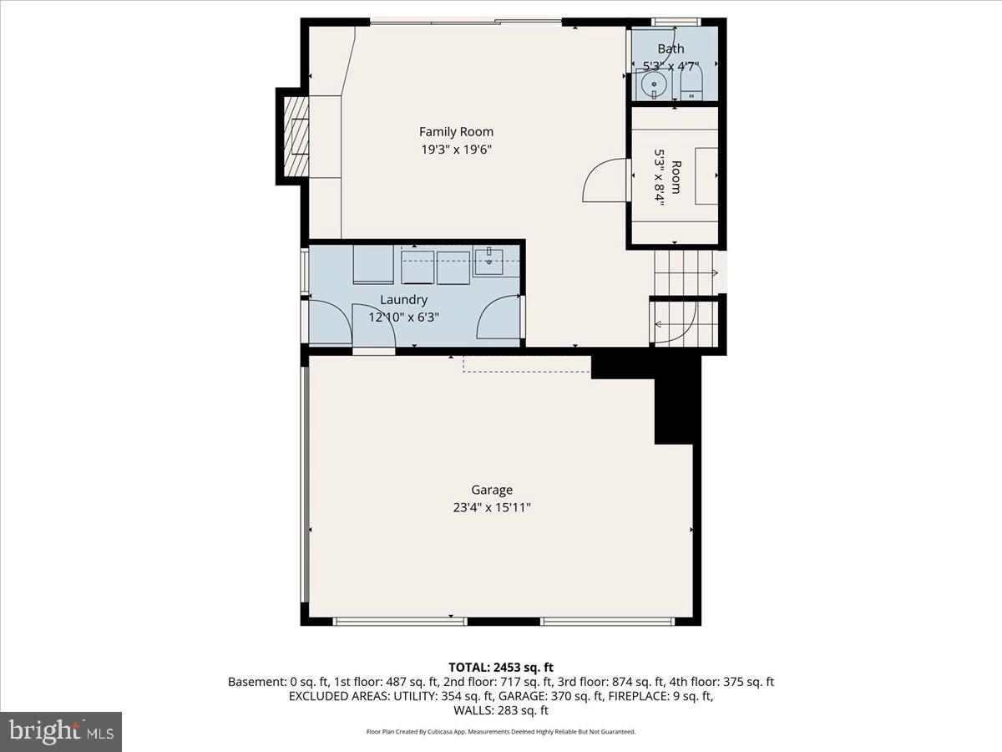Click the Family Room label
pos(456,131)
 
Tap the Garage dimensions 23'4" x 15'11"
pos(491,507)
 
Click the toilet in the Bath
pos(692,84)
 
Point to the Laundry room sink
pos(488,261)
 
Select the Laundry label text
pos(403,299)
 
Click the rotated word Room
pos(676,177)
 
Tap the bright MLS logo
pos(61,732)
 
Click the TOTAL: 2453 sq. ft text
pos(501,667)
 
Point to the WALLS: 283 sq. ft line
pos(501,710)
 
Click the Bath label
pos(671,49)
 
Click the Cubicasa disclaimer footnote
pos(501,732)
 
